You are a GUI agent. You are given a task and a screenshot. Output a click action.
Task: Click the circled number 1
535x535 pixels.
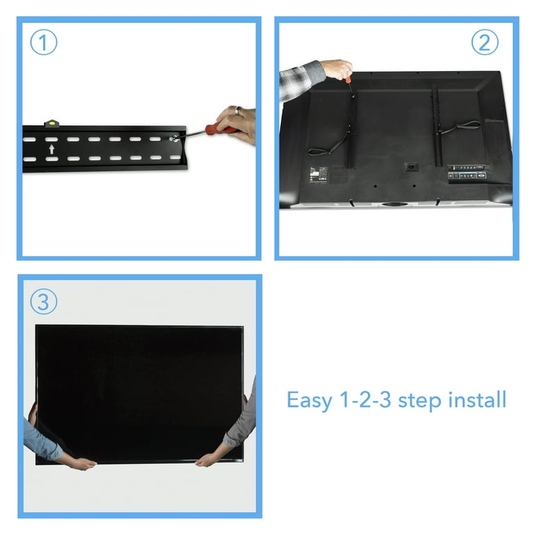pyautogui.click(x=43, y=44)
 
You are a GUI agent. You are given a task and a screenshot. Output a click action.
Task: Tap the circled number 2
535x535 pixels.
pyautogui.click(x=485, y=43)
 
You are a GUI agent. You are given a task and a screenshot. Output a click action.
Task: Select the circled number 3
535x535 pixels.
pyautogui.click(x=43, y=303)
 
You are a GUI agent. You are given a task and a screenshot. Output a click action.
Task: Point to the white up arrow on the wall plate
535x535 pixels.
pyautogui.click(x=50, y=149)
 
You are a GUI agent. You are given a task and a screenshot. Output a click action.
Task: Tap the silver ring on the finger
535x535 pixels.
pyautogui.click(x=237, y=111)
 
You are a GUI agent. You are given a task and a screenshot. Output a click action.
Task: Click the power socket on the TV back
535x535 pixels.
pyautogui.click(x=411, y=168)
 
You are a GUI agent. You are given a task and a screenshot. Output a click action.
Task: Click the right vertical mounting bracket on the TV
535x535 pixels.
pyautogui.click(x=437, y=125)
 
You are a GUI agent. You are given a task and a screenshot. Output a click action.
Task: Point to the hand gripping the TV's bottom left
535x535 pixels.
pyautogui.click(x=76, y=463)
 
